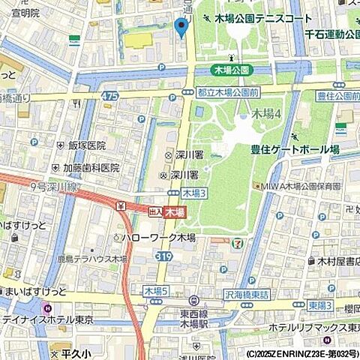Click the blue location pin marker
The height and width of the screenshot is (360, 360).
point(180,27)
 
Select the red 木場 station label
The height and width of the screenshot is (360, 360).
point(175,213)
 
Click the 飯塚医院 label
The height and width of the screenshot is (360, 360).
point(85,145)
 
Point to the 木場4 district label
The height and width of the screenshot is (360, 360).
point(265,114)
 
